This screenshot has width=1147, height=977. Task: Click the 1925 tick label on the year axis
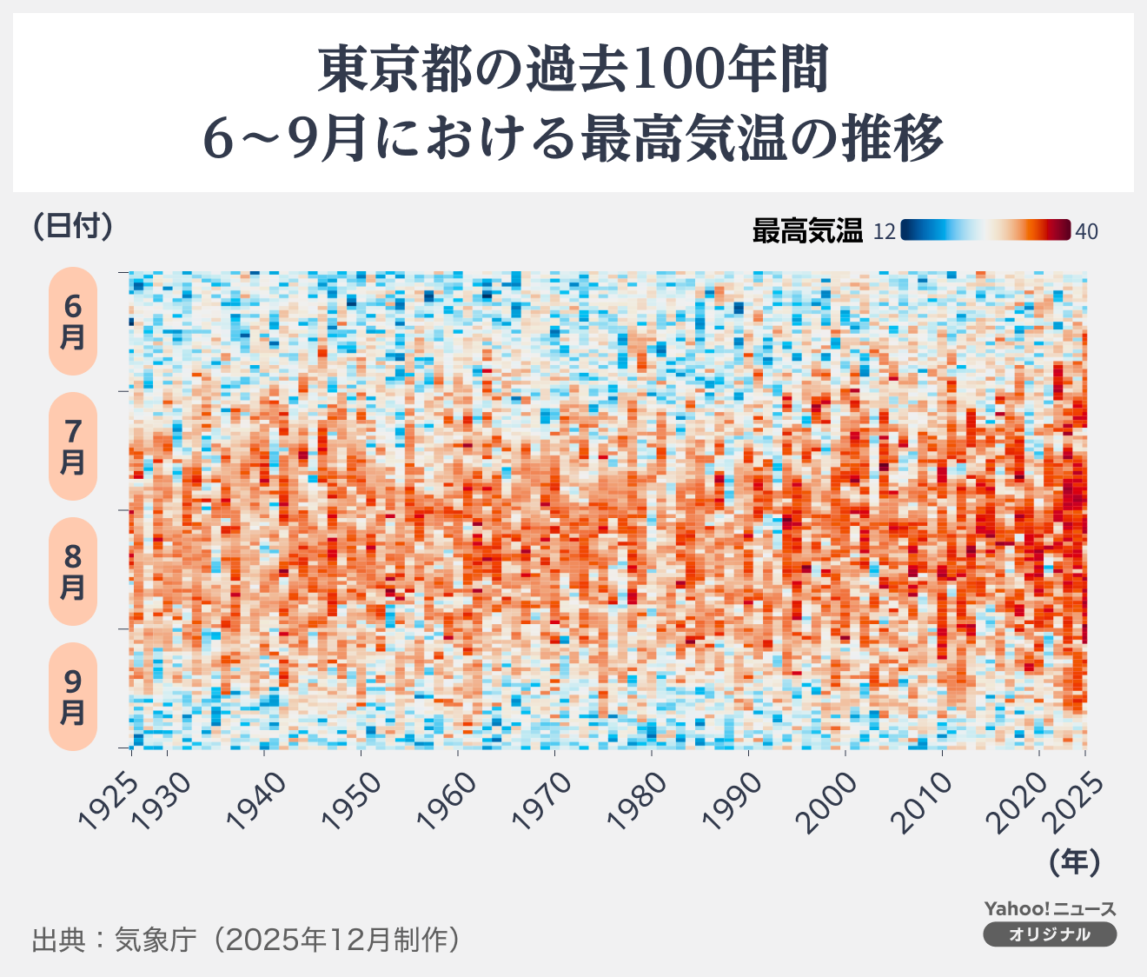pos(108,801)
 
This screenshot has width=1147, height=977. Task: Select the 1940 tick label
pos(258,801)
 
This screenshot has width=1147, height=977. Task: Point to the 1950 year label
pos(354,801)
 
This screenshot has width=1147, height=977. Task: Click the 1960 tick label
pos(450,801)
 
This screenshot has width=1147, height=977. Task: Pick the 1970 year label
pos(546,801)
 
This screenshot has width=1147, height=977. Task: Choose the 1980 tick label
pos(641,801)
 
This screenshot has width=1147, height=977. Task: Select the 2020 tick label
pos(1025,801)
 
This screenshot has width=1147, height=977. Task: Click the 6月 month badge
pos(72,322)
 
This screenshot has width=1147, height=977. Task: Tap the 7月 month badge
pos(72,447)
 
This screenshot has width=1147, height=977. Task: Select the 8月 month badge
pos(72,572)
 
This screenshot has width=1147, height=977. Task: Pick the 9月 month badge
pos(72,697)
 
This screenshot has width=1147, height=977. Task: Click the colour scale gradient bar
pos(985,230)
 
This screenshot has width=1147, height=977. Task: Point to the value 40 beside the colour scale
pos(1087,231)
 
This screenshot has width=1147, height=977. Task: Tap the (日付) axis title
pos(73,226)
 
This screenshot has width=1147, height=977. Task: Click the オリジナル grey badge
pos(1050,934)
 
